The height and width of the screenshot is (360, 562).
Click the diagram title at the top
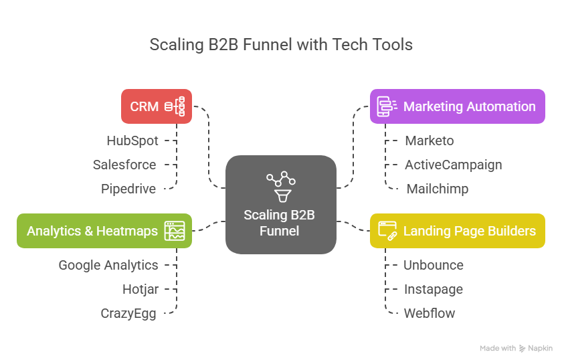click(281, 45)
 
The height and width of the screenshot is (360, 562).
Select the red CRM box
click(157, 106)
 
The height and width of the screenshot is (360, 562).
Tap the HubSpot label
click(132, 141)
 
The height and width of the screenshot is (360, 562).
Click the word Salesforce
click(124, 165)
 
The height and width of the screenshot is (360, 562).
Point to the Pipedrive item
click(128, 189)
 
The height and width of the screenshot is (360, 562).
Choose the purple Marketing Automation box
click(458, 106)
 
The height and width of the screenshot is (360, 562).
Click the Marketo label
click(430, 141)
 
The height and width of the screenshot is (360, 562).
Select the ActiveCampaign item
click(453, 165)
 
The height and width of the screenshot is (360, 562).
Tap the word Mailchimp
click(437, 189)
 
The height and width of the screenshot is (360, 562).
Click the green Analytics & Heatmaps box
click(104, 231)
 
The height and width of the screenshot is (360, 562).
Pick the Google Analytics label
click(108, 265)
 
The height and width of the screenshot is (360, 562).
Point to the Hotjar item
click(140, 289)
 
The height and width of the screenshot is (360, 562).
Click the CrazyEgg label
click(128, 313)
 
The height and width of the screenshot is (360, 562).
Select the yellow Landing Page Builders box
click(458, 231)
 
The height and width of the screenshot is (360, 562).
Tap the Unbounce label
click(433, 265)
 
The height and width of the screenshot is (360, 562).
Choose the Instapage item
click(433, 289)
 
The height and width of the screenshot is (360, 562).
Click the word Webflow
click(429, 313)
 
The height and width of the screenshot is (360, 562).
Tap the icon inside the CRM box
click(175, 106)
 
